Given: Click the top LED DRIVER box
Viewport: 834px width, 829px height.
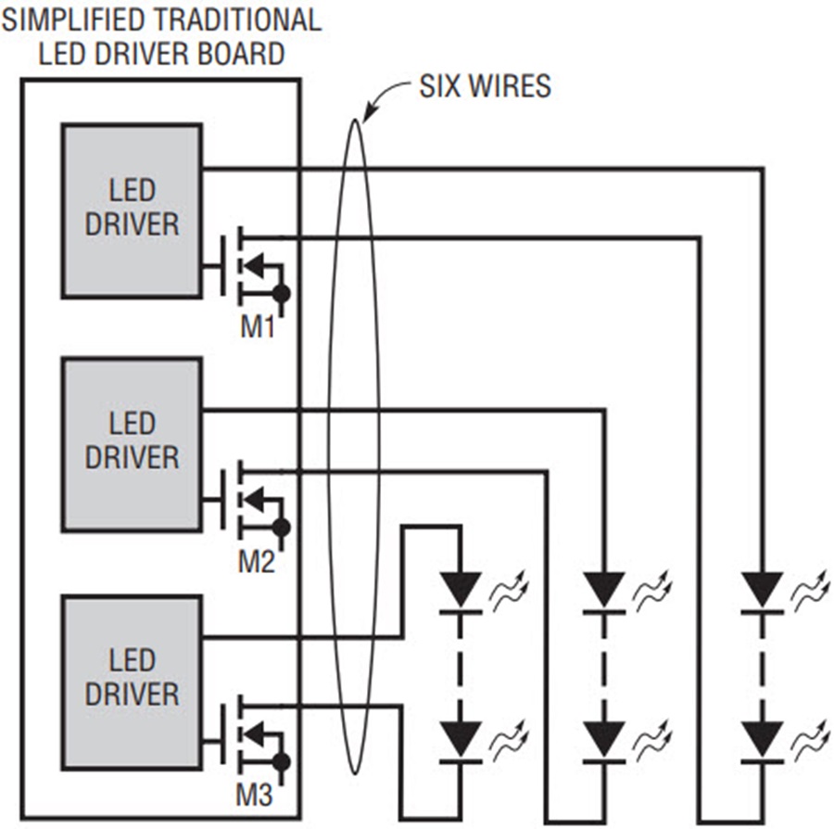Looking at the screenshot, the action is coord(132,210).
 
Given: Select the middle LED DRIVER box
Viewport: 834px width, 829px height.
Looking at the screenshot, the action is coord(132,444).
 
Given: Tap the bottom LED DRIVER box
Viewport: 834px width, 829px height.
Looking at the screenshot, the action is coord(132,682).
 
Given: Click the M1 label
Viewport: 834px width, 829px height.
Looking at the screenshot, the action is coord(258,326).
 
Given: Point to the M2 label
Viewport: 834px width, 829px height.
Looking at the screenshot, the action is coord(257,562).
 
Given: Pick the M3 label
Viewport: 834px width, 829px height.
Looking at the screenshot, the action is coord(255,796).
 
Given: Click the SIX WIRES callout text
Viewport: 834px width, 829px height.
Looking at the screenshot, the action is coord(485,86).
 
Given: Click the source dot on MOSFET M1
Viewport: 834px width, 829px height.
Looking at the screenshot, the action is coord(281,293).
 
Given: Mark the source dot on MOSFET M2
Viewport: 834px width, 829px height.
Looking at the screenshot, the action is coord(281,528).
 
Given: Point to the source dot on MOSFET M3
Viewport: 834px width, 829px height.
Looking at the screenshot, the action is coord(281,762).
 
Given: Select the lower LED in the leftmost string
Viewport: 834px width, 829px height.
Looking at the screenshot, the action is coord(461,742).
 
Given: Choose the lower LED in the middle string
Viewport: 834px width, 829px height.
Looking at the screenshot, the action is coord(604,742).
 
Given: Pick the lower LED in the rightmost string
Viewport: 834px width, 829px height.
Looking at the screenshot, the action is coord(763,742).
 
